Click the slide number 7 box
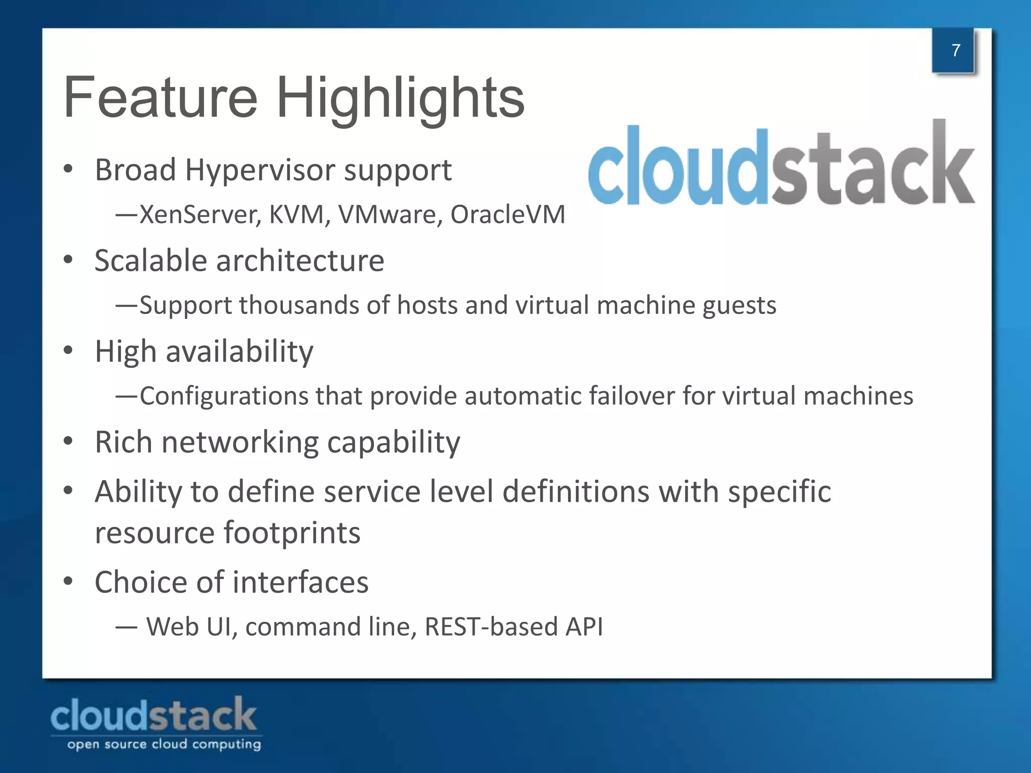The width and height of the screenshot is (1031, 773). pyautogui.click(x=954, y=50)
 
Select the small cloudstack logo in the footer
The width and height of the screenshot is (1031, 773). pyautogui.click(x=154, y=715)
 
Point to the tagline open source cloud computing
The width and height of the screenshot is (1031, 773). pyautogui.click(x=164, y=744)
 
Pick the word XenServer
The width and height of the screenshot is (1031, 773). pyautogui.click(x=200, y=215)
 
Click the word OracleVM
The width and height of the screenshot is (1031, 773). pyautogui.click(x=507, y=214)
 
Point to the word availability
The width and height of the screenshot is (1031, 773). pyautogui.click(x=239, y=352)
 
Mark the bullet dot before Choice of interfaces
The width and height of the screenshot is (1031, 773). pyautogui.click(x=68, y=581)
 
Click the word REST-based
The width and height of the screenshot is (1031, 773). pyautogui.click(x=491, y=627)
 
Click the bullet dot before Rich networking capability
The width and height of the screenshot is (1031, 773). pyautogui.click(x=68, y=441)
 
